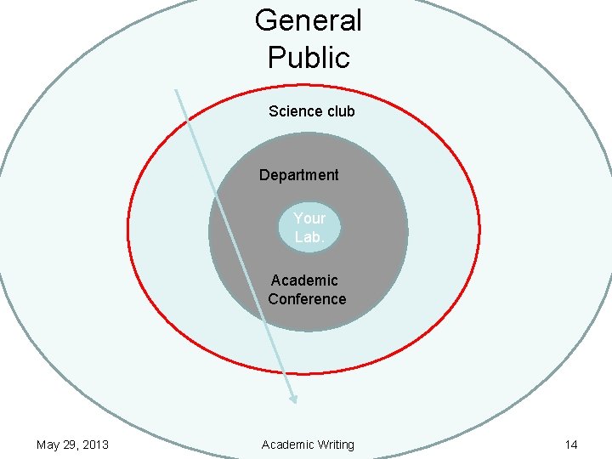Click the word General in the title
308,20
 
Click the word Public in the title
308,58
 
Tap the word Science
294,111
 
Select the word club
339,111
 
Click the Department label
298,175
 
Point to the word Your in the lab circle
309,218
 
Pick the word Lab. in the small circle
309,237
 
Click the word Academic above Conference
304,280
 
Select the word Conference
307,299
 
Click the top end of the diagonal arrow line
176,90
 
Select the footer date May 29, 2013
72,445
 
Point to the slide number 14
570,445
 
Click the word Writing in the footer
334,445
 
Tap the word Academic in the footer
287,445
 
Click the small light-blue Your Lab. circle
309,228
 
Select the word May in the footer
48,445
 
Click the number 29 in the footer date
68,445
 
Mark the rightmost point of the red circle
479,228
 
